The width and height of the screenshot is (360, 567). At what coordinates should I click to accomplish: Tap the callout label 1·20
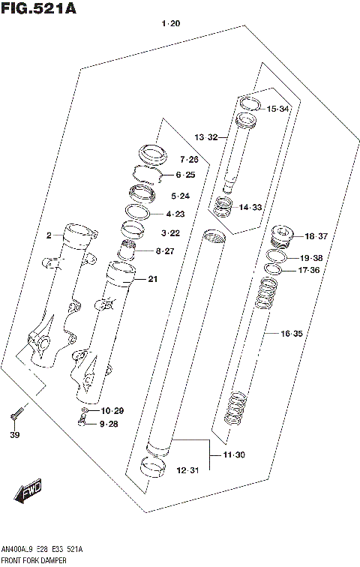tap(171, 24)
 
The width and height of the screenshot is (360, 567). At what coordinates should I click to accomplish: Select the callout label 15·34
tap(277, 109)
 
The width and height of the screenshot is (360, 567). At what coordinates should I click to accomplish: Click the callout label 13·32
tap(206, 137)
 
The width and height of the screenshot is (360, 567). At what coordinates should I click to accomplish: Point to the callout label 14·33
tap(250, 207)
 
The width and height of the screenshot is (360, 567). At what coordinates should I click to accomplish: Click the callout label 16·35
tap(291, 332)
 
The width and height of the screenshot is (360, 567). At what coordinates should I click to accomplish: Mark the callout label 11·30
tap(233, 454)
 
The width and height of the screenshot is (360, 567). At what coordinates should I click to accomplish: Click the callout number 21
tap(153, 280)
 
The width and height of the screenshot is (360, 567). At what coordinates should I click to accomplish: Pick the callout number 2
tap(48, 235)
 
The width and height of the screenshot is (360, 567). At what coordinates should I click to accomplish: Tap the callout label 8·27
tap(164, 250)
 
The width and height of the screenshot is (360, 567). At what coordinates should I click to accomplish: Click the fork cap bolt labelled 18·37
tap(283, 236)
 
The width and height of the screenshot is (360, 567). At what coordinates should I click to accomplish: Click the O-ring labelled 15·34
tap(250, 104)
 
